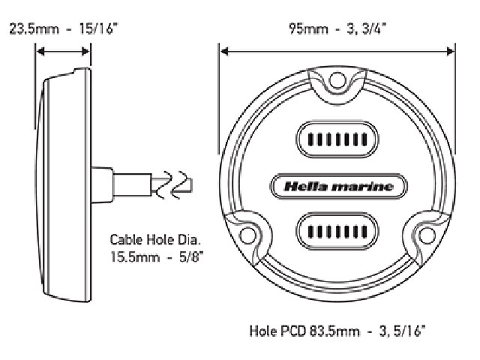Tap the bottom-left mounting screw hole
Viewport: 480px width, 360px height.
click(x=247, y=235)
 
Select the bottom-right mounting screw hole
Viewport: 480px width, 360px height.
click(x=427, y=235)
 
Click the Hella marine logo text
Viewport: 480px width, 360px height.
click(x=338, y=187)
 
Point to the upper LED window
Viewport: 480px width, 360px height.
click(x=337, y=139)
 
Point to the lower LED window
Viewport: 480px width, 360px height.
click(x=337, y=232)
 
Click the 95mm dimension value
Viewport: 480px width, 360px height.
click(x=308, y=29)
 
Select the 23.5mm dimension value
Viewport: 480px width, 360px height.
click(x=34, y=29)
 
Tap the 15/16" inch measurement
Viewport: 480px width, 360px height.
click(x=98, y=29)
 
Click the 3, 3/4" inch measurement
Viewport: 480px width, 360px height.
click(x=366, y=29)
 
